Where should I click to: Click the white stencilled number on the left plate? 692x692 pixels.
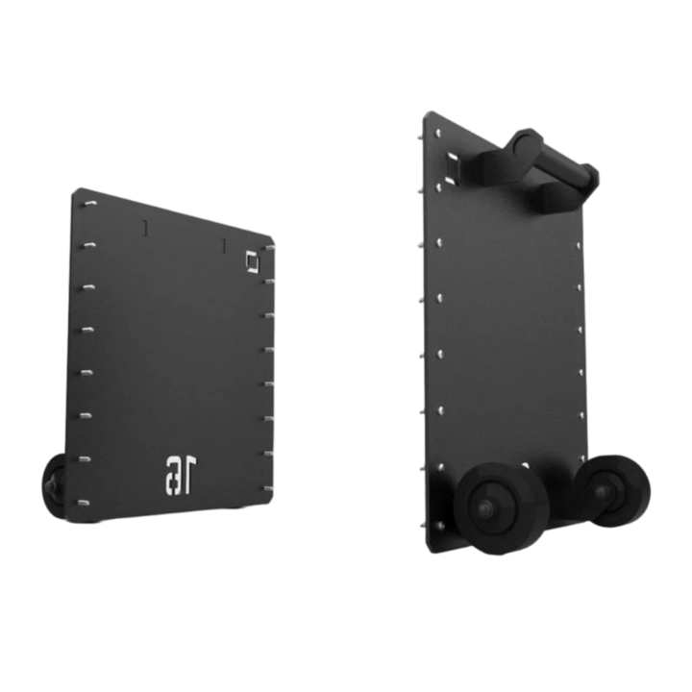click(x=181, y=476)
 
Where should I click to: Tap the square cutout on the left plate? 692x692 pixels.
click(x=252, y=261)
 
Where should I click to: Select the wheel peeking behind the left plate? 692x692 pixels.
click(x=53, y=485)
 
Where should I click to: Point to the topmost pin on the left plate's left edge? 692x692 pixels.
click(x=90, y=204)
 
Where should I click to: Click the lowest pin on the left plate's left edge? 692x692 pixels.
click(x=84, y=503)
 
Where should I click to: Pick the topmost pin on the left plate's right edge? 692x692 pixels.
click(x=269, y=248)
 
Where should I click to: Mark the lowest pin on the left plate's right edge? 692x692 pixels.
click(x=267, y=488)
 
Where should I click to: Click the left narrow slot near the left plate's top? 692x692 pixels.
click(x=145, y=227)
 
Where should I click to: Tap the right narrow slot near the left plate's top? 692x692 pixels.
click(x=224, y=246)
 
